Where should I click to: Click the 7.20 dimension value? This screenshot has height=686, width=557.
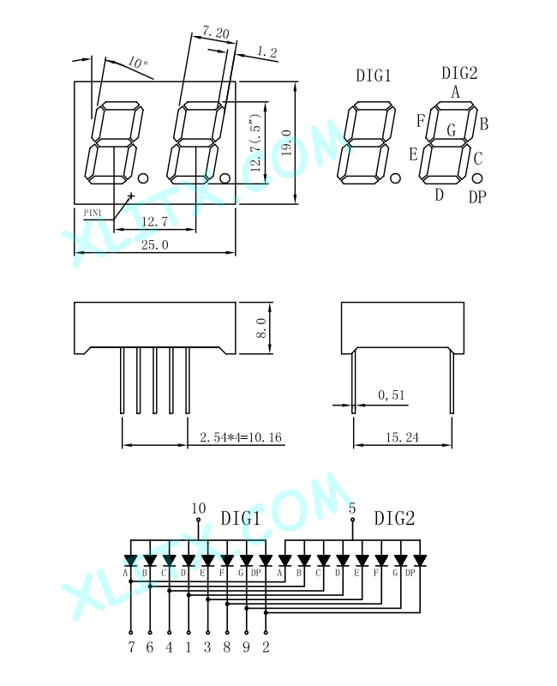pyautogui.click(x=216, y=32)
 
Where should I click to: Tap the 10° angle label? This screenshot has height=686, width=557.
pyautogui.click(x=138, y=63)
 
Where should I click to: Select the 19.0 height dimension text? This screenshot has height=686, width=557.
pyautogui.click(x=287, y=142)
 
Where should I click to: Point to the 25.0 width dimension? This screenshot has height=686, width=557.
pyautogui.click(x=155, y=244)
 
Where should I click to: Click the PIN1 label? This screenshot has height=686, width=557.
pyautogui.click(x=93, y=213)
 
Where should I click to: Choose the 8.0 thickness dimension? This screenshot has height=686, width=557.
pyautogui.click(x=261, y=328)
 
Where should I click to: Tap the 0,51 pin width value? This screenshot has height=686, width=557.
pyautogui.click(x=392, y=395)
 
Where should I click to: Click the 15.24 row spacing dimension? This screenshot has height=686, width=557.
pyautogui.click(x=402, y=437)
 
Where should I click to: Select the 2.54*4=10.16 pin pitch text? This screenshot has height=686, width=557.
pyautogui.click(x=241, y=437)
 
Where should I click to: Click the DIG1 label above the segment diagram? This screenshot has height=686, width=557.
pyautogui.click(x=374, y=75)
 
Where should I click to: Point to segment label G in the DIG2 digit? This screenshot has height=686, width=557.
pyautogui.click(x=452, y=130)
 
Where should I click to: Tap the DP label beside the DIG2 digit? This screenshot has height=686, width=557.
pyautogui.click(x=477, y=197)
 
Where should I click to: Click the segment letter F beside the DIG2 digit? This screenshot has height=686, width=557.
pyautogui.click(x=421, y=120)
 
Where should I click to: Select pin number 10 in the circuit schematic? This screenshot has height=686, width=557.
pyautogui.click(x=199, y=508)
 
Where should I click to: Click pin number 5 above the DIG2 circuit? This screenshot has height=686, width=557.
pyautogui.click(x=352, y=508)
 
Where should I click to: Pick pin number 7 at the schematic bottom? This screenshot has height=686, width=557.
pyautogui.click(x=131, y=647)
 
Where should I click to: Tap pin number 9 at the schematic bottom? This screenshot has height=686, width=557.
pyautogui.click(x=247, y=647)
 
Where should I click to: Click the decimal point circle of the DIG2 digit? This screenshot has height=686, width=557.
pyautogui.click(x=477, y=178)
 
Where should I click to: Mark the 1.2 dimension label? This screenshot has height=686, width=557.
pyautogui.click(x=267, y=52)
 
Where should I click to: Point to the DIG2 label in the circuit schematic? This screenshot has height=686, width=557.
pyautogui.click(x=394, y=519)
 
